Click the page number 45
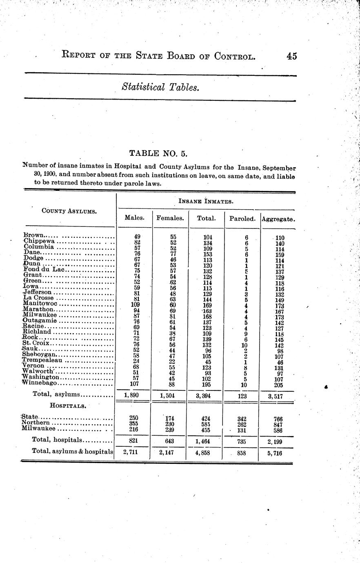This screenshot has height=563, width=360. (291, 56)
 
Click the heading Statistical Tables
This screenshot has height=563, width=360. (160, 87)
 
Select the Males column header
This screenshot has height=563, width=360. (134, 218)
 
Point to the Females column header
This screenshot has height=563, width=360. (170, 218)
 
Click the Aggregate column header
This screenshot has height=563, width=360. (278, 219)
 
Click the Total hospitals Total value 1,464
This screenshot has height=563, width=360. (206, 441)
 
